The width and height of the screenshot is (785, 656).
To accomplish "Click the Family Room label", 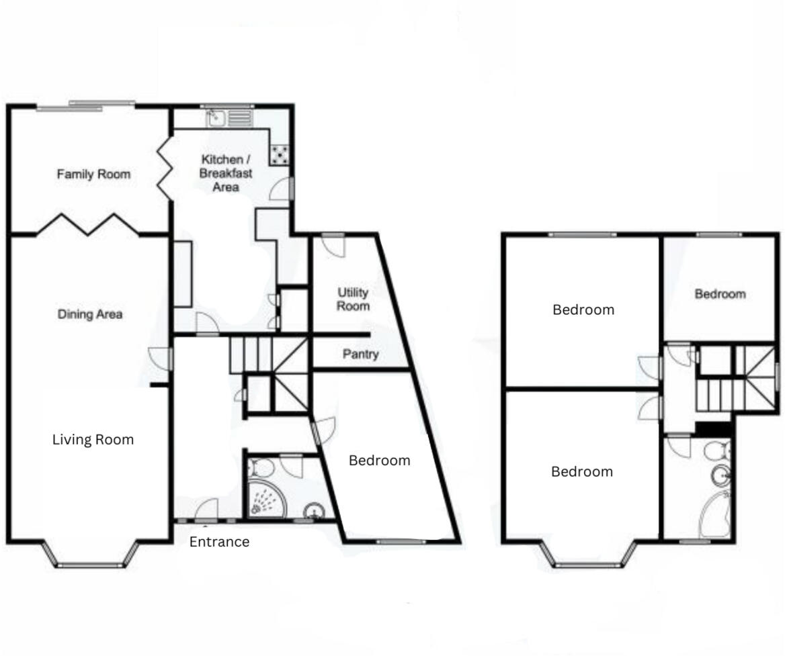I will (x=93, y=175).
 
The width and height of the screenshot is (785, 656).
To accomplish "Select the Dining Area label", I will (x=89, y=314).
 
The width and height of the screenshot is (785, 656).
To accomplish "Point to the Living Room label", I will (x=93, y=440).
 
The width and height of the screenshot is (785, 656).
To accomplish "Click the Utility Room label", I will (x=353, y=299).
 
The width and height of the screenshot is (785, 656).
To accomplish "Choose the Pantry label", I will (x=360, y=354).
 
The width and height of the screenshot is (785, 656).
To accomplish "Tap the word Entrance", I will (x=219, y=542).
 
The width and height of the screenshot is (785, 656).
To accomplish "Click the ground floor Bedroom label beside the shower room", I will (x=379, y=461).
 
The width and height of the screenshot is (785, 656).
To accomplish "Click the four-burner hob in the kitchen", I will (x=280, y=155).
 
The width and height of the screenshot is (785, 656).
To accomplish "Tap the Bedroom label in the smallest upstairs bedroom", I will (x=720, y=294).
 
